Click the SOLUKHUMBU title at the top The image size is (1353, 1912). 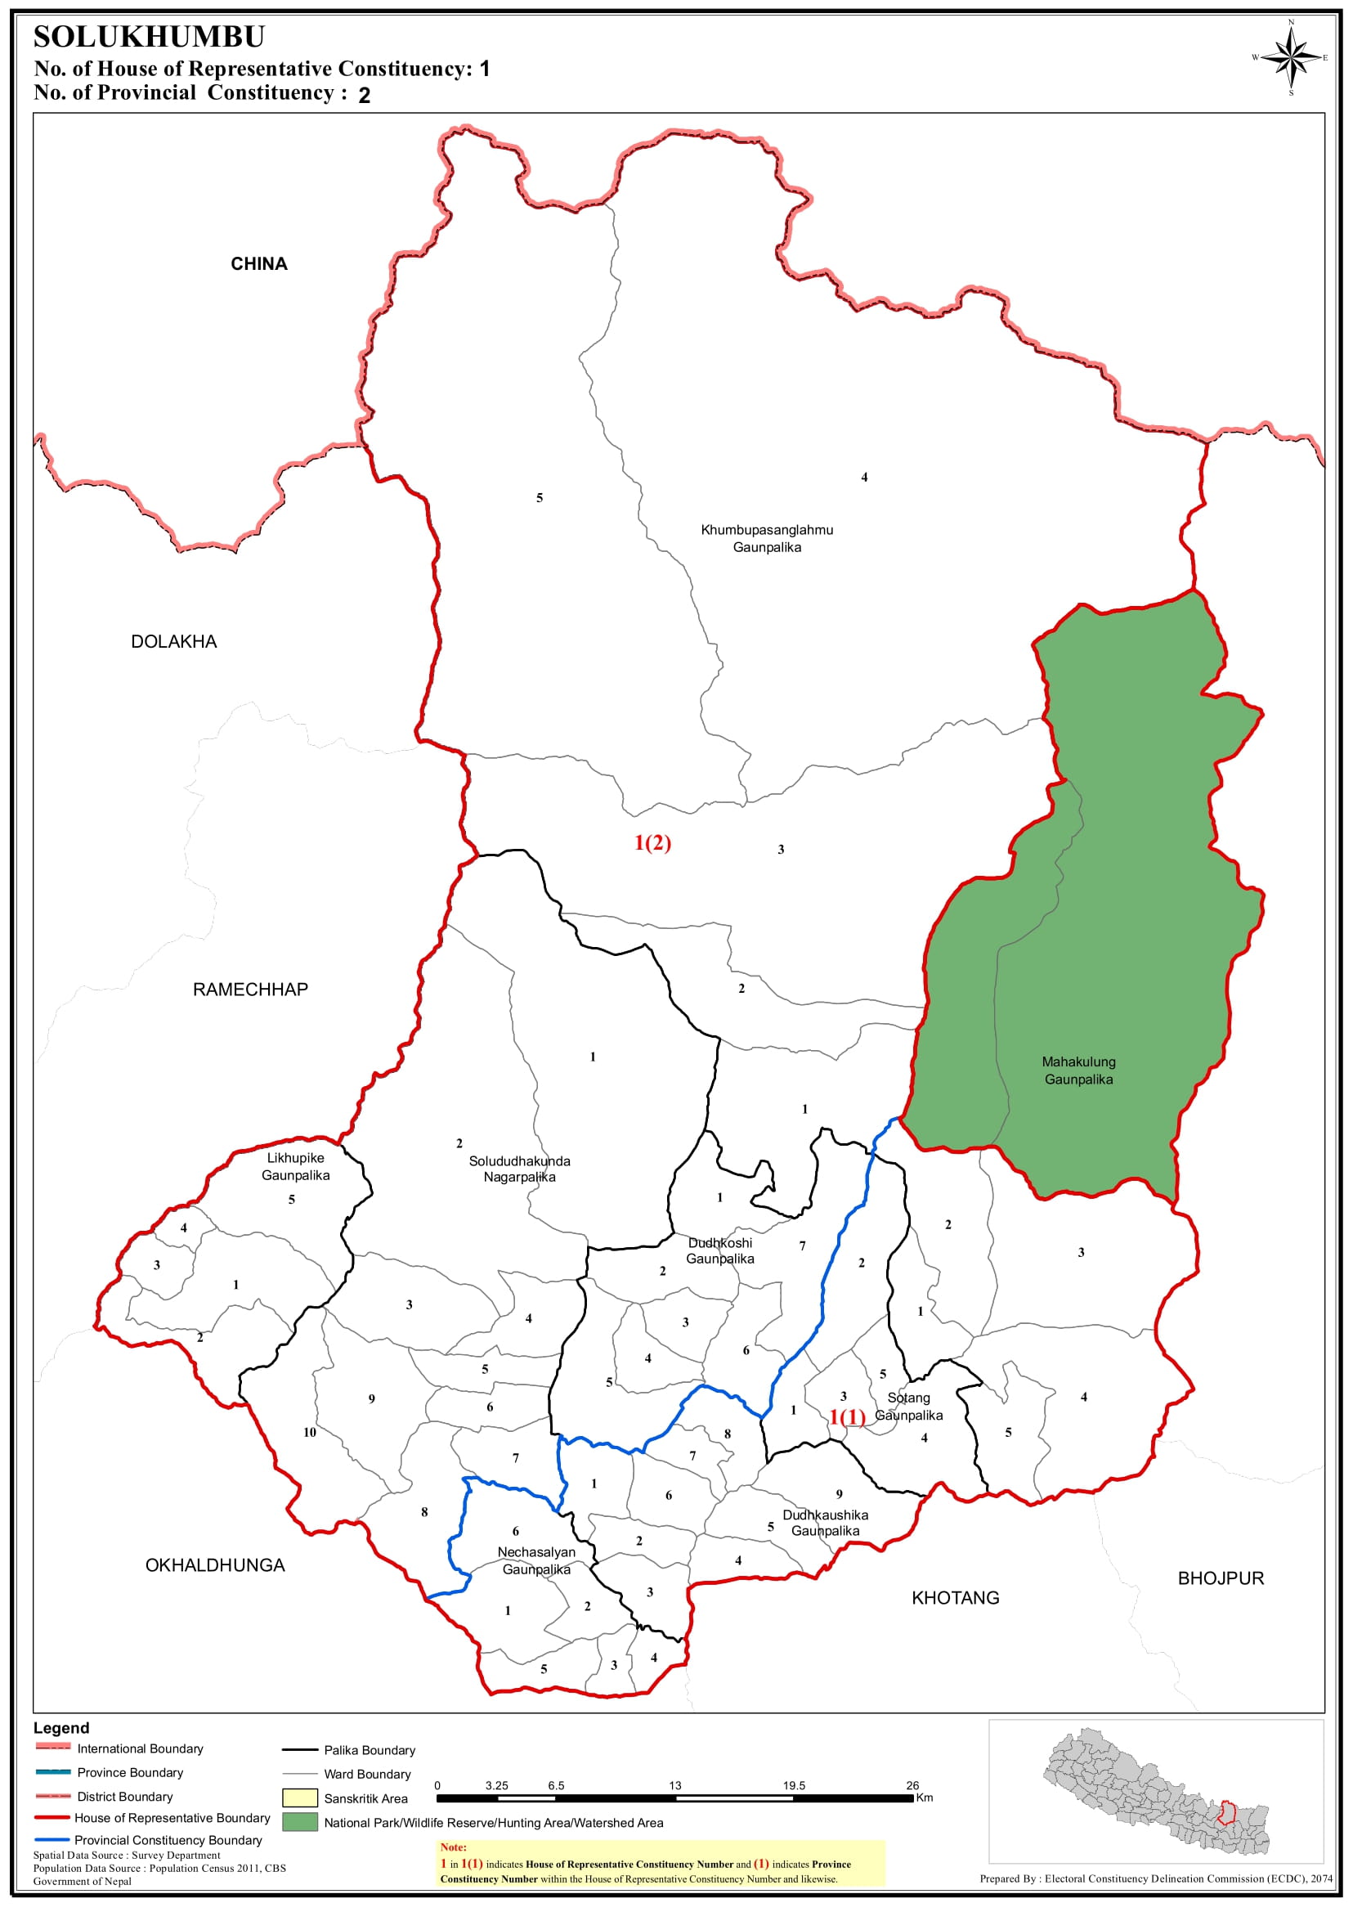149,38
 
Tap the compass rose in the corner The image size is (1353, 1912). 1291,57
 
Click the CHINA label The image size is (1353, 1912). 259,264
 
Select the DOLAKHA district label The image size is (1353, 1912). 173,642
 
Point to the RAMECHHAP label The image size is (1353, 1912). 250,990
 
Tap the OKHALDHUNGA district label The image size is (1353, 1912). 215,1565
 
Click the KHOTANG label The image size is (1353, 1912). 955,1598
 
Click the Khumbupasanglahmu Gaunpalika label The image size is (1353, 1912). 767,538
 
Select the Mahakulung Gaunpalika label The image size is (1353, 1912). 1078,1070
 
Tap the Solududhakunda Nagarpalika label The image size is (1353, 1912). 519,1169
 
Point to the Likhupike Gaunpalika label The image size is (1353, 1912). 296,1166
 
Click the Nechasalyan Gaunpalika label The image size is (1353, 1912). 535,1560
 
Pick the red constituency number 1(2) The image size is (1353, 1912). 652,842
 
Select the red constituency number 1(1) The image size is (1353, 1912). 847,1416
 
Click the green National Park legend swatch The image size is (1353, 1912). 300,1822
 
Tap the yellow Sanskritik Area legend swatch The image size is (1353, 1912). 300,1798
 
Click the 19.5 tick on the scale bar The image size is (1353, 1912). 793,1785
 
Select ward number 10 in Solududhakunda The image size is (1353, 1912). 310,1432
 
